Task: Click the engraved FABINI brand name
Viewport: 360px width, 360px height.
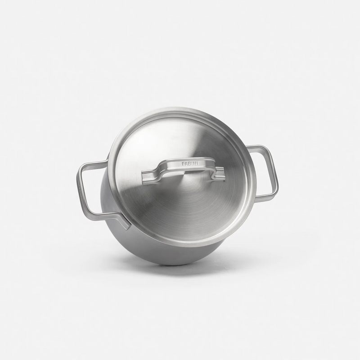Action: [190, 164]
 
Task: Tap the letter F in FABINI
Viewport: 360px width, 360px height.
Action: [183, 164]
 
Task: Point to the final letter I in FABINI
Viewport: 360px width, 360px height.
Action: [198, 163]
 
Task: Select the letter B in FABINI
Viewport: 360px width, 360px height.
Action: [189, 164]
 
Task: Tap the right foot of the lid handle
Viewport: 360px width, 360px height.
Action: [220, 174]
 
